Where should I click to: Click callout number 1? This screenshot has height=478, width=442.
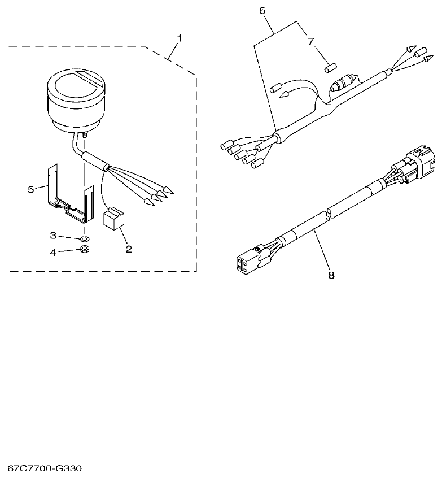(180, 38)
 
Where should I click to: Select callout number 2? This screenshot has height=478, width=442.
(128, 248)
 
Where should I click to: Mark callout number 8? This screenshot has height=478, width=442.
(331, 275)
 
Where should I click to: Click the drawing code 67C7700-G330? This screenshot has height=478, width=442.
(45, 468)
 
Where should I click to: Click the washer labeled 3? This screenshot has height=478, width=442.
(85, 238)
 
